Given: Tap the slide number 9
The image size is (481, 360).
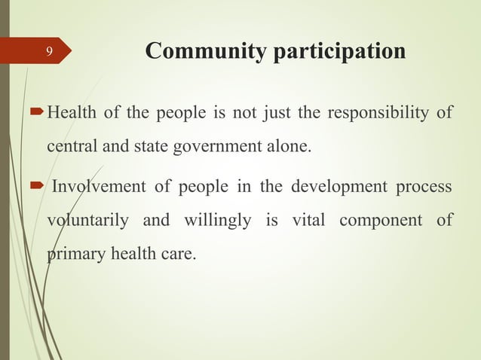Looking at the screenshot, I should pyautogui.click(x=48, y=52).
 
